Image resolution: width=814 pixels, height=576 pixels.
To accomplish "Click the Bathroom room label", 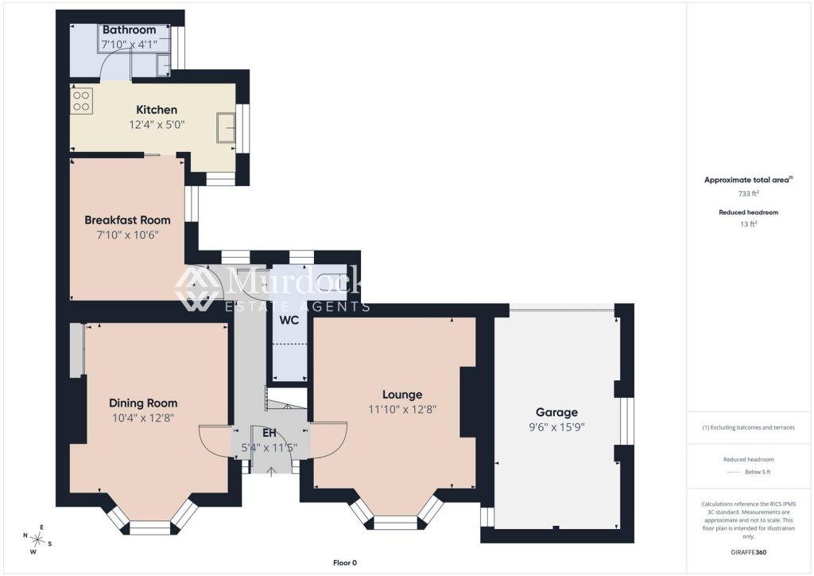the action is coord(130,29).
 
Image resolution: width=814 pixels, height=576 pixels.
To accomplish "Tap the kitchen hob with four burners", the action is coord(82,101).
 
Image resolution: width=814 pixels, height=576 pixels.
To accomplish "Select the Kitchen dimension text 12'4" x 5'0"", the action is coord(157,125).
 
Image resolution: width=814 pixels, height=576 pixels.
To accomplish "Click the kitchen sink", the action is coord(226,126).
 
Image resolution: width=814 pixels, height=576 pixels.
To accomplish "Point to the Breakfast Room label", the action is coord(128,220).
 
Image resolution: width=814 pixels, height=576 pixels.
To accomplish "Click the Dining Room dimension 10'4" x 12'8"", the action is coord(143,418).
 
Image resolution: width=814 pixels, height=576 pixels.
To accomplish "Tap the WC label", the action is coord(289,320).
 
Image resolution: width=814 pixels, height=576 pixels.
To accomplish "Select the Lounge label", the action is coord(402,395).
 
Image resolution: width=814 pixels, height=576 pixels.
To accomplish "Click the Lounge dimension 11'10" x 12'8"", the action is coord(402,409).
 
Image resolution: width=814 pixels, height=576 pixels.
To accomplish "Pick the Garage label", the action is coord(557,412).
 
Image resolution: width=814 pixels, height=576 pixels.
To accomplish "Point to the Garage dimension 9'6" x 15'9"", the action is coord(557,427).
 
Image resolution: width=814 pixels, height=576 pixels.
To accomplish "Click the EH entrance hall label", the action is coord(269,433).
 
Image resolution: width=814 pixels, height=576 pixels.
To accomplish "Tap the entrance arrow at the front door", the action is coord(270,471).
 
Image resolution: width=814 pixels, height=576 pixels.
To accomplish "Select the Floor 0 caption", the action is coord(345,562).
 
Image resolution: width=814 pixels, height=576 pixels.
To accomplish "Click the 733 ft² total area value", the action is coord(749,193).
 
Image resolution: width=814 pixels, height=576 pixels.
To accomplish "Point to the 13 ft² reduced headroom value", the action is coord(749,224).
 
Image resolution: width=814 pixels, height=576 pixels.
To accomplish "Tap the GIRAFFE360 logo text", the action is coord(749,552).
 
